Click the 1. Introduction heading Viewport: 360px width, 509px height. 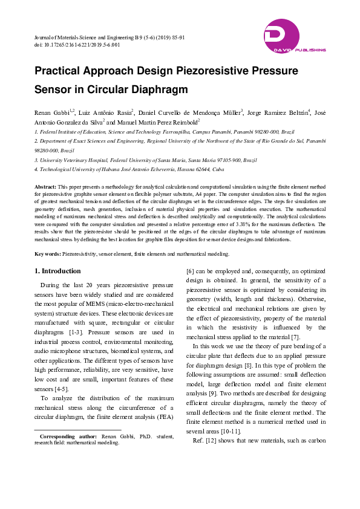(x=57, y=271)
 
